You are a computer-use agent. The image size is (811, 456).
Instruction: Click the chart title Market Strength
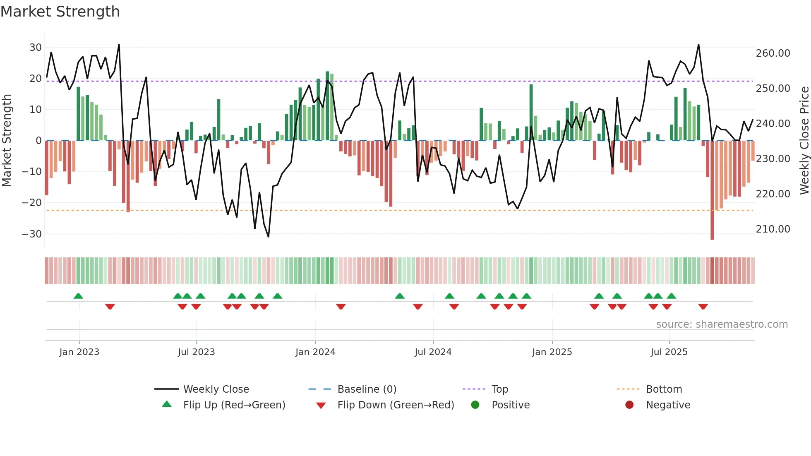point(60,11)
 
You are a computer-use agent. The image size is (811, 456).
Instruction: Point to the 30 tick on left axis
point(35,47)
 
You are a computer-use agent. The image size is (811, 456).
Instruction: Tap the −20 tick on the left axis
point(32,203)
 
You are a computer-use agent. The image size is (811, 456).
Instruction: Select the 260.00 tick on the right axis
point(773,53)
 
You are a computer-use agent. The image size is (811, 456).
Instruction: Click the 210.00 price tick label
point(773,229)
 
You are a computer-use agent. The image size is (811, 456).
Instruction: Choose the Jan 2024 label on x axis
point(315,352)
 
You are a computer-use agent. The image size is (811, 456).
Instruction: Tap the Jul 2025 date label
point(669,352)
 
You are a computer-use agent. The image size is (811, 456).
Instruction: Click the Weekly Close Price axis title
point(804,141)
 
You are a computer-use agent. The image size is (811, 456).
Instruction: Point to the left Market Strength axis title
point(7,141)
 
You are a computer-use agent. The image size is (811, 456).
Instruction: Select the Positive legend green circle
point(475,405)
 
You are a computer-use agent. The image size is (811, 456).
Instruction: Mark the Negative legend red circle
point(629,405)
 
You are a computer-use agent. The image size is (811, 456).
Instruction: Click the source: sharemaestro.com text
point(722,324)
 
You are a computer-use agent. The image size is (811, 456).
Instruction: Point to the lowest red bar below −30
point(712,232)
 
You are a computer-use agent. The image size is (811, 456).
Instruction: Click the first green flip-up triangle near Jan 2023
point(78,296)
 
